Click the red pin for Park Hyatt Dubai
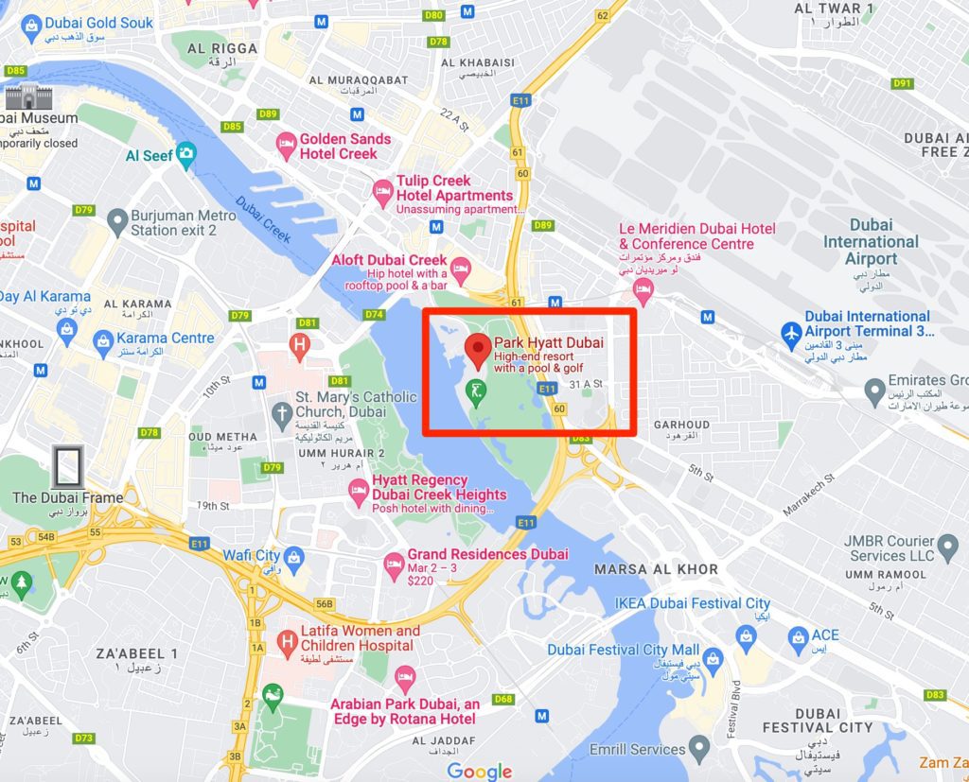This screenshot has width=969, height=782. coord(478,348)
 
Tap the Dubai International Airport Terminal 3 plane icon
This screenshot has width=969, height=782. coord(791,332)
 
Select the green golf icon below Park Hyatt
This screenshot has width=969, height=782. coord(478,389)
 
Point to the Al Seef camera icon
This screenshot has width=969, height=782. coord(186,152)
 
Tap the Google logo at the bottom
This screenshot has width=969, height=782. coord(479,771)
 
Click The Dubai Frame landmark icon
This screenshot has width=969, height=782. coord(67,467)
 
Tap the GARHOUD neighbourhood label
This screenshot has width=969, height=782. coord(680,425)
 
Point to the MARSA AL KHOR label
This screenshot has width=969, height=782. coord(656,569)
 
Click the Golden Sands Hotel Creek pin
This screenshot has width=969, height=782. coord(287,147)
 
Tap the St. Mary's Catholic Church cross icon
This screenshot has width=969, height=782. coord(281,412)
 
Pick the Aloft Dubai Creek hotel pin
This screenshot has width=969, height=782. coord(461,269)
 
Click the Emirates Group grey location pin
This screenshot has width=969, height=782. coord(875,390)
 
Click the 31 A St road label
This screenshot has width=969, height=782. coord(587,384)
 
